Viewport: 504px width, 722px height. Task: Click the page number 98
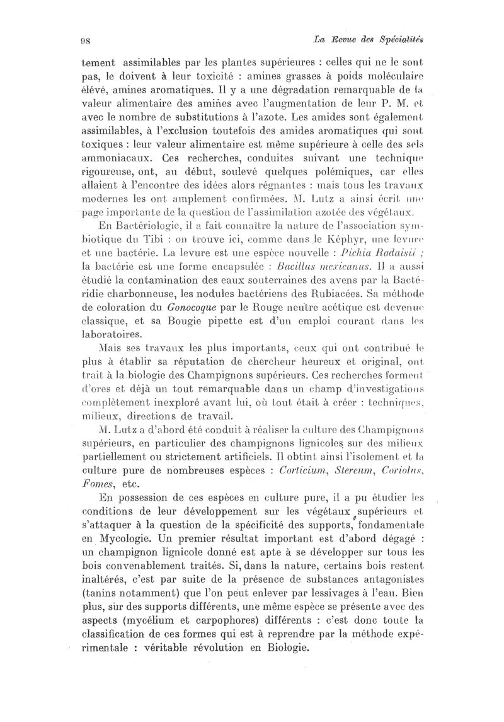[87, 42]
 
